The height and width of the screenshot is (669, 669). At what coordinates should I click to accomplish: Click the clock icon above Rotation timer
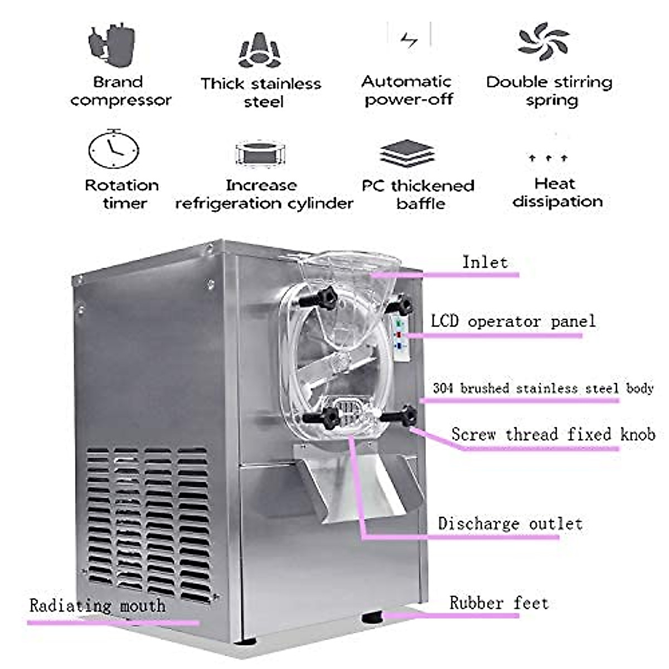(114, 149)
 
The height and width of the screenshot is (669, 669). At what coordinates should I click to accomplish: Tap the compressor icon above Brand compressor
(112, 43)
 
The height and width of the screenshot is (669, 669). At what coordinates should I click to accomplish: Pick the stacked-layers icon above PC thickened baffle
(407, 154)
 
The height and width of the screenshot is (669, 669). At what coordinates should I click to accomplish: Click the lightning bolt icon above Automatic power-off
(409, 40)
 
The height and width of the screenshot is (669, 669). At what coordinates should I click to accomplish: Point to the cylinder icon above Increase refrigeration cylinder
(260, 153)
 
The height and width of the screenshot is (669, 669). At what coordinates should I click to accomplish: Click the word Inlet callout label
(484, 263)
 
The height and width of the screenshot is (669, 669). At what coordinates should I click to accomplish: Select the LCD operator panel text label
(513, 322)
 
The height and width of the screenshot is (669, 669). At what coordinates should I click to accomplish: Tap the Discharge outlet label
(510, 524)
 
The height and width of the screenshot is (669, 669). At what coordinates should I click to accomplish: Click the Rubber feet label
(499, 603)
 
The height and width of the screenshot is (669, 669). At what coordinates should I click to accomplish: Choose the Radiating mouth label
(98, 606)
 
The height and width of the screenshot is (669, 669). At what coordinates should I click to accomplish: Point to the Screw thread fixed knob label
(552, 434)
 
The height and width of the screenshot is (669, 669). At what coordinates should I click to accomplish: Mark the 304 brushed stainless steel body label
(542, 388)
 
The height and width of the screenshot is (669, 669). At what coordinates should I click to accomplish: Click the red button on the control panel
(399, 335)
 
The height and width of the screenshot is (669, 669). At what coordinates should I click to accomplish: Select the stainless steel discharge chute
(357, 485)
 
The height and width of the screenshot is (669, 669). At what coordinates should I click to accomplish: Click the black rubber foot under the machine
(372, 617)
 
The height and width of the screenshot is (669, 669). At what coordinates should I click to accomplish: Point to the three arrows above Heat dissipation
(548, 158)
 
